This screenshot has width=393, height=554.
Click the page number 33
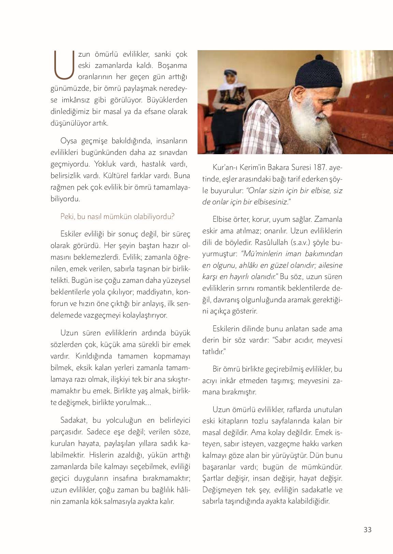367,529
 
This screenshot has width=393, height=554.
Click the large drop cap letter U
63,64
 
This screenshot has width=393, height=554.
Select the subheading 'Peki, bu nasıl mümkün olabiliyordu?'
117,216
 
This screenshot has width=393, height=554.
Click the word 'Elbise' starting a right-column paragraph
223,219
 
